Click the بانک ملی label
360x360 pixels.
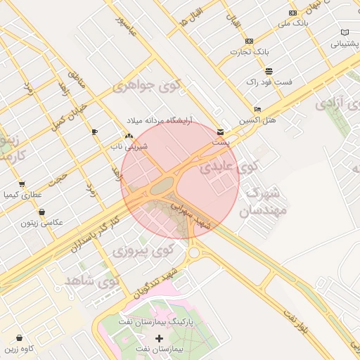click(x=293, y=23)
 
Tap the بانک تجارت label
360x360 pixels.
click(x=250, y=52)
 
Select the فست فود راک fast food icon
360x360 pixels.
click(x=269, y=71)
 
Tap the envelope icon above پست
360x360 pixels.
click(x=221, y=131)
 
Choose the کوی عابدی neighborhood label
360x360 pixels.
click(x=229, y=168)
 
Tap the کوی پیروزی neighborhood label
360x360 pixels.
click(x=143, y=250)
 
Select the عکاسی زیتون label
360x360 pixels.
click(x=41, y=222)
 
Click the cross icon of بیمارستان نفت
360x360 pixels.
click(x=159, y=338)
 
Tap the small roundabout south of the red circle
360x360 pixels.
click(x=193, y=252)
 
